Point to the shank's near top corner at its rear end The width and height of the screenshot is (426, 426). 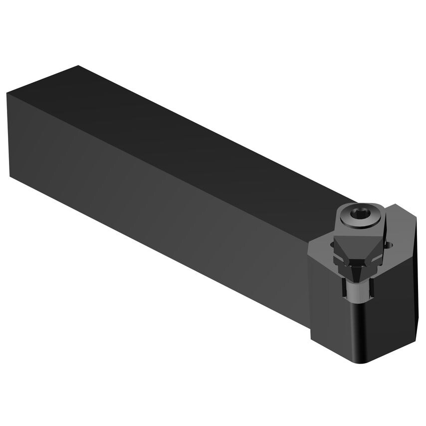click(x=8, y=93)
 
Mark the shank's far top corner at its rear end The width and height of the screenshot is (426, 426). click(x=77, y=65)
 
